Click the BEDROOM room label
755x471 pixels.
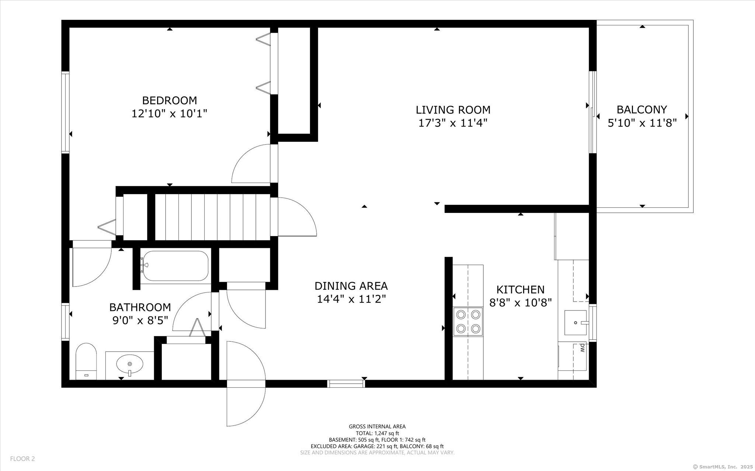coord(170,100)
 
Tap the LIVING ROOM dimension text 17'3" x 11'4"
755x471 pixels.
coord(453,123)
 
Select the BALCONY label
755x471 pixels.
coord(642,110)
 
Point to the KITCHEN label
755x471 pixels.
coord(520,289)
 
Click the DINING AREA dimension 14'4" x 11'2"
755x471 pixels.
coord(351,299)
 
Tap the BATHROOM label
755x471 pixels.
coord(140,307)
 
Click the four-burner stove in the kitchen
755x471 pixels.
coord(468,321)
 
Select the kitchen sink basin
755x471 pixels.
coord(575,322)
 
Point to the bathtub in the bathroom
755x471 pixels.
coord(175,266)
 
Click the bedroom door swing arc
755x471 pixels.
coord(251,164)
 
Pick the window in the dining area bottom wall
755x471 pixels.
coord(346,384)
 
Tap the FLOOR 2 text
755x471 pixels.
coord(22,459)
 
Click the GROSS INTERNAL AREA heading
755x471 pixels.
coord(377,426)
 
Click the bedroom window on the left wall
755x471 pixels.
coord(65,113)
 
